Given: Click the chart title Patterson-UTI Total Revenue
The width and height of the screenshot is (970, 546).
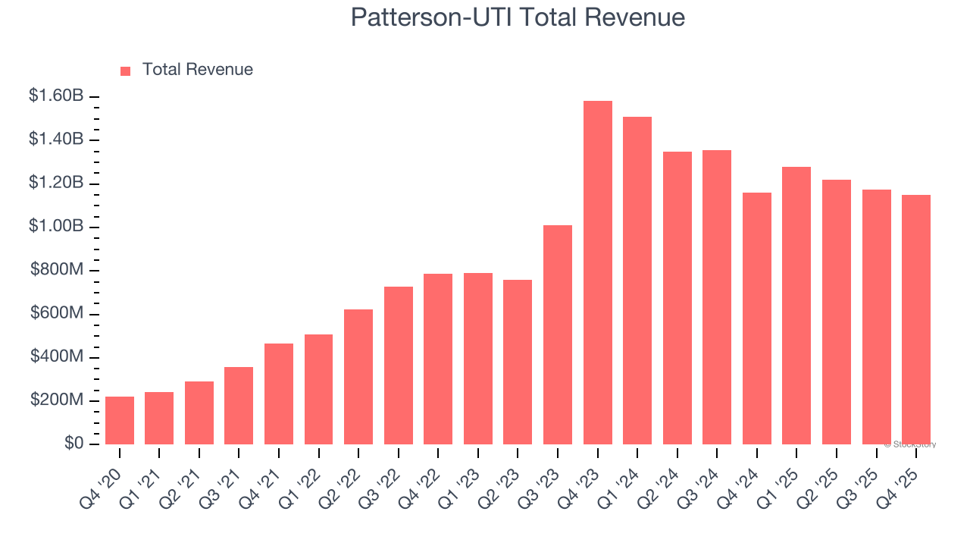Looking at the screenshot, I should coord(518,17).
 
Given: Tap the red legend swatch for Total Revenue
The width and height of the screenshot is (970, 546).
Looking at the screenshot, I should coord(126,71).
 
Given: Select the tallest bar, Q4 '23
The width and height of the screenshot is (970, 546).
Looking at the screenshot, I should coord(598,273).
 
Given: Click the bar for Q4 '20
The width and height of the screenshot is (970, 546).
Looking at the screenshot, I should coord(120,421).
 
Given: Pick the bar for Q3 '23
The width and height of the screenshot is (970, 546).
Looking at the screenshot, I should coord(558,335).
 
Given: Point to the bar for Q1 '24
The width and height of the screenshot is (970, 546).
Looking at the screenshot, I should coord(637,281).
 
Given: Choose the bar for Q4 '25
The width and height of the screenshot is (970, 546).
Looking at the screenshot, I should coord(916,320).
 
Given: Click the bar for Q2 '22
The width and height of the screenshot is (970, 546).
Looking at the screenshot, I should coord(358,377).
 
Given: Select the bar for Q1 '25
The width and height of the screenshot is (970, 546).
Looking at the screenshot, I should coord(796,306).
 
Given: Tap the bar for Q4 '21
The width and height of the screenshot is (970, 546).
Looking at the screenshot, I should coord(279,394).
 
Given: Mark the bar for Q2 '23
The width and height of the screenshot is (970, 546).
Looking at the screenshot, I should coord(518,362).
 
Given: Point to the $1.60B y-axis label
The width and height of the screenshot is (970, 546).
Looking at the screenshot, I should coord(56,96).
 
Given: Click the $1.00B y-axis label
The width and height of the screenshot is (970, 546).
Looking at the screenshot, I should coord(56,227).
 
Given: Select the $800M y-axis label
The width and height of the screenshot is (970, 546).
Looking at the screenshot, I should coord(58,270).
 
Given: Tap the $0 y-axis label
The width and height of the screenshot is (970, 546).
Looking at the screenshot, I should coord(74,444).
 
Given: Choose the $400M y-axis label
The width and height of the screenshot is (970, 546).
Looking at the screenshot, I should coord(58,357).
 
